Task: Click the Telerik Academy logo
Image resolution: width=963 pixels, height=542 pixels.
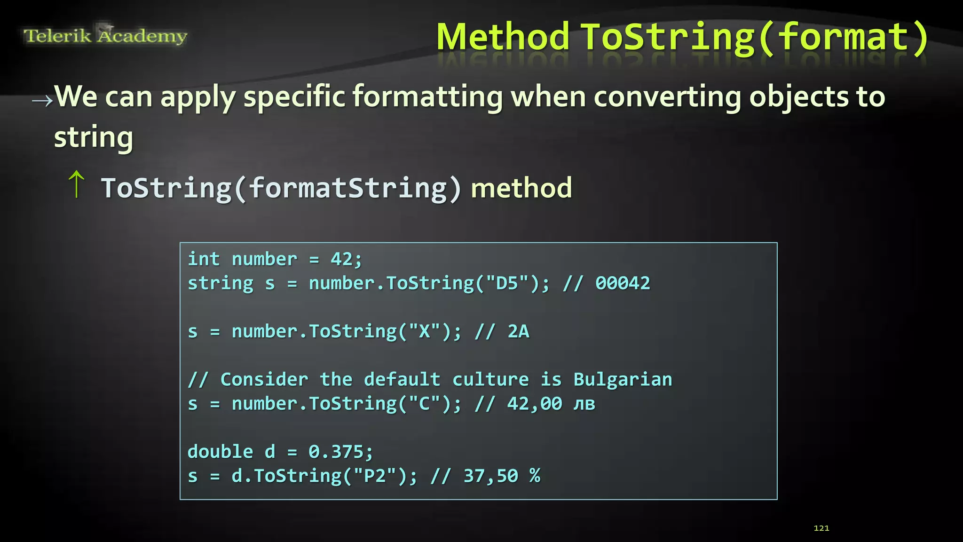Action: tap(105, 35)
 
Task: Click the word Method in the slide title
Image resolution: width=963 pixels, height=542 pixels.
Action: tap(503, 38)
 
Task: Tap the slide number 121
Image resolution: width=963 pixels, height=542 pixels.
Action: tap(821, 528)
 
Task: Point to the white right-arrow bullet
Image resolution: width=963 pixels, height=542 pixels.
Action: tap(42, 100)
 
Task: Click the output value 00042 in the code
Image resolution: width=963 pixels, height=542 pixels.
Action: tap(623, 283)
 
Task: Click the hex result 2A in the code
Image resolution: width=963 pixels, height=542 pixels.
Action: tap(518, 332)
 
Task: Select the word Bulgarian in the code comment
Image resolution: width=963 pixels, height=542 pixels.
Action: tap(623, 380)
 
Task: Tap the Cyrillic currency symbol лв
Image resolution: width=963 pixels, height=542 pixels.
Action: tap(584, 404)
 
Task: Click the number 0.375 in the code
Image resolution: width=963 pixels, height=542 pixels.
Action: tap(336, 452)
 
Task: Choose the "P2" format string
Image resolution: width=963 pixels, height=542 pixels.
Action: tap(375, 476)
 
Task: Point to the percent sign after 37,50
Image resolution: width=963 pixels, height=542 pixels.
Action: tap(535, 476)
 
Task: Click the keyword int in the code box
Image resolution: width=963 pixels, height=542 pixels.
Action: tap(204, 259)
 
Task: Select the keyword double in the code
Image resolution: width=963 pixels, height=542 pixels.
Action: tap(220, 452)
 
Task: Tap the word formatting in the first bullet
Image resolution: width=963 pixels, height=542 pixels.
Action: tap(427, 97)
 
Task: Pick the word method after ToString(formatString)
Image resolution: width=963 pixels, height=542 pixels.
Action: tap(521, 188)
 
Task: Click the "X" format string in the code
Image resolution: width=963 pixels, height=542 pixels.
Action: tap(424, 332)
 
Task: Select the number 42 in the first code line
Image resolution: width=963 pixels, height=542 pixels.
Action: tap(341, 259)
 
